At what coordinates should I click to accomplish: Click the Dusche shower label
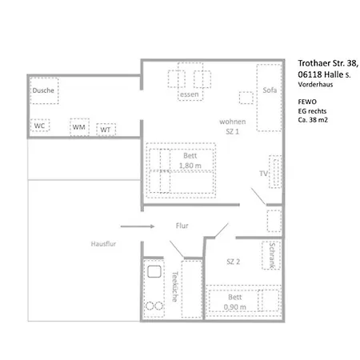[x=43, y=90]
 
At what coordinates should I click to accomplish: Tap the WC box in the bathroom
[x=40, y=126]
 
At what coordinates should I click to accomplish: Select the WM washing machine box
[x=79, y=127]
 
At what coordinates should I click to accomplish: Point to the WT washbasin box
[x=106, y=130]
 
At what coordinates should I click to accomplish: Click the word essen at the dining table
[x=190, y=94]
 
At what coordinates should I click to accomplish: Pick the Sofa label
[x=270, y=90]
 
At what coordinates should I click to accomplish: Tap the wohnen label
[x=233, y=122]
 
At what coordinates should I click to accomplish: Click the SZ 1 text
[x=232, y=131]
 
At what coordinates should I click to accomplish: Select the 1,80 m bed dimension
[x=190, y=166]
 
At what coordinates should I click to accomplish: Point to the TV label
[x=263, y=174]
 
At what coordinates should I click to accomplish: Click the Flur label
[x=182, y=226]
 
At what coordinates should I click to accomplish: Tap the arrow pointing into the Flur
[x=138, y=226]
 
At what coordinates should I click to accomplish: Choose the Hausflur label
[x=103, y=244]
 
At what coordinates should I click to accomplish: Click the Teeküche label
[x=175, y=286]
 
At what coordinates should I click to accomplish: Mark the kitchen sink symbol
[x=154, y=272]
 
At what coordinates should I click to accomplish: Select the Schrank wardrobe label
[x=272, y=255]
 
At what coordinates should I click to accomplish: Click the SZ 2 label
[x=234, y=262]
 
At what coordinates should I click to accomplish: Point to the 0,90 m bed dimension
[x=235, y=307]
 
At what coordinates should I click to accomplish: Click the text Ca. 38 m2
[x=313, y=120]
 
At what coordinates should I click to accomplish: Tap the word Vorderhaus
[x=315, y=85]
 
